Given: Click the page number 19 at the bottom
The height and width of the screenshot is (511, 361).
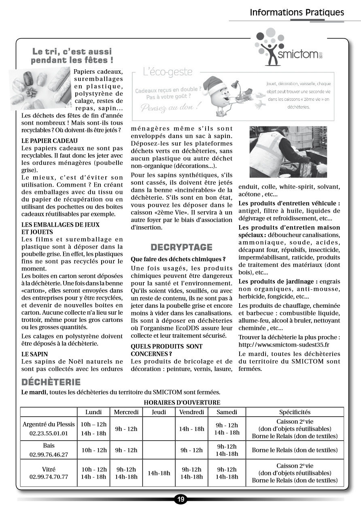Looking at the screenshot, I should click(x=180, y=499).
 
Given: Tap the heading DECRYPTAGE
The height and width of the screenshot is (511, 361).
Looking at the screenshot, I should click(x=181, y=247).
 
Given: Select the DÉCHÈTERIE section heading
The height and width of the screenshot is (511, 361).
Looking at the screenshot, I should click(x=51, y=382).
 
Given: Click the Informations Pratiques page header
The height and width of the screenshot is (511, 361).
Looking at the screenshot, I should click(x=297, y=12).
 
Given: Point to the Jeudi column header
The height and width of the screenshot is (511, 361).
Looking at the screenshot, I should click(x=159, y=412).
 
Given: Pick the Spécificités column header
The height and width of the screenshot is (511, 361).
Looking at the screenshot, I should click(x=295, y=412).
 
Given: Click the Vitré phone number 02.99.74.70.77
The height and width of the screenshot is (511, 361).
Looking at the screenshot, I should click(x=49, y=477).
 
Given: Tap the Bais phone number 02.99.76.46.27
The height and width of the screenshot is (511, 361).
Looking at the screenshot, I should click(x=49, y=454).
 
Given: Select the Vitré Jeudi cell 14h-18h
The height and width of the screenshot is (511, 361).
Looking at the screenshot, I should click(x=159, y=473).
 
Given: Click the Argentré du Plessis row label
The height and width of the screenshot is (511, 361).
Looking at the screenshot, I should click(x=49, y=424).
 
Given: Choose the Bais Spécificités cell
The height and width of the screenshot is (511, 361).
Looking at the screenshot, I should click(x=295, y=450).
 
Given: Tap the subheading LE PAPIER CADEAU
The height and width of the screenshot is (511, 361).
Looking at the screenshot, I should click(x=49, y=141).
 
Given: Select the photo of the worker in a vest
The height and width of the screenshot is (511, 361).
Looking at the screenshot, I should click(x=288, y=152).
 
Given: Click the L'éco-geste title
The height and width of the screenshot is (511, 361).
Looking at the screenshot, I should click(x=168, y=72).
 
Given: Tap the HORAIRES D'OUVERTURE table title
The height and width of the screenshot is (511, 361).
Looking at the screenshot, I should click(x=182, y=402).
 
